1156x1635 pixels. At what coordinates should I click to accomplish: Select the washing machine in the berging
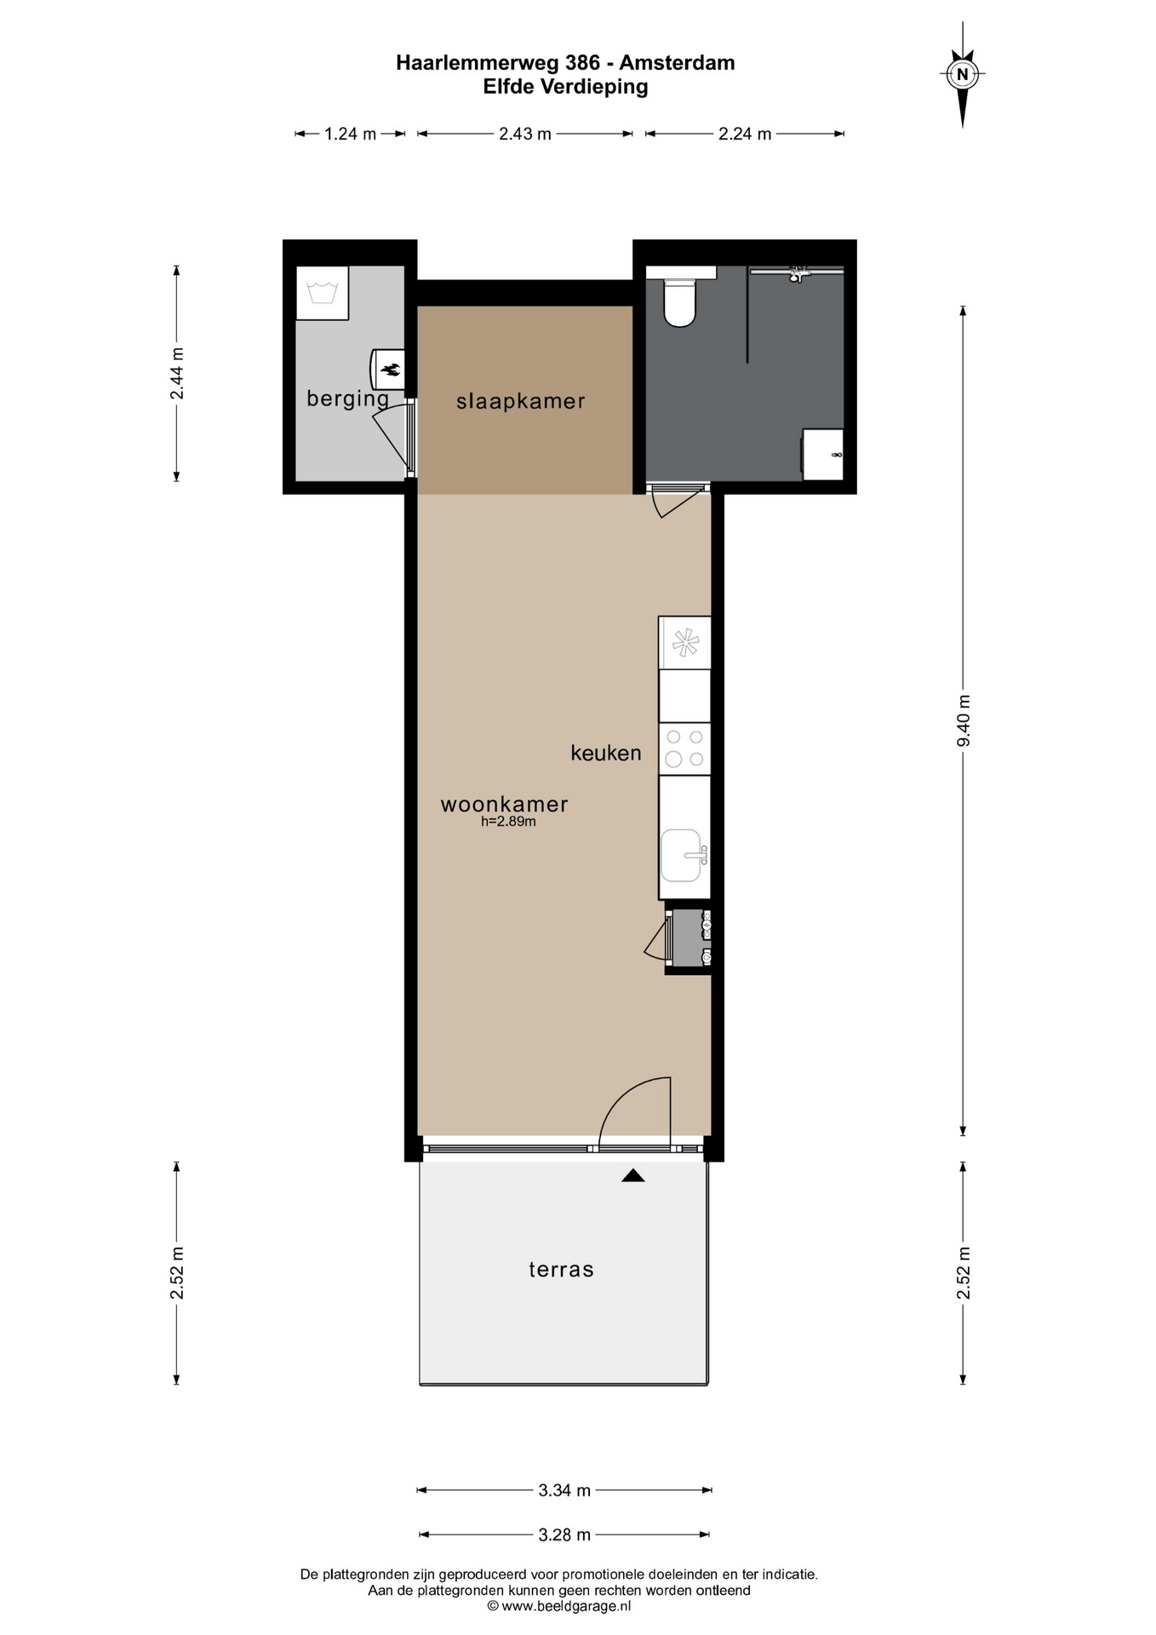322,293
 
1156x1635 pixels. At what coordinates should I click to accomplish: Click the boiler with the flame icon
387,369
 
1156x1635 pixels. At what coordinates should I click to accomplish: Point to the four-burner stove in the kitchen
684,749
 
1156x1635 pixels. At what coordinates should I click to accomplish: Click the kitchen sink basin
681,855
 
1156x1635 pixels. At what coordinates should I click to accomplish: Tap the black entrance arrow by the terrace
632,1176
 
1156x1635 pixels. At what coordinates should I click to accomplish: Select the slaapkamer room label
521,401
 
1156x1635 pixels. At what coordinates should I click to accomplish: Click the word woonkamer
504,804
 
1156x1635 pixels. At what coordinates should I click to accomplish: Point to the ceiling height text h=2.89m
508,822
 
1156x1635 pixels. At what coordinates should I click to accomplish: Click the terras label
561,1270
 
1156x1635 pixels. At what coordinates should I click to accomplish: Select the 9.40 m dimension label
964,720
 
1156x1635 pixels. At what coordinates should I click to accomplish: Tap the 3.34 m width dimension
564,1490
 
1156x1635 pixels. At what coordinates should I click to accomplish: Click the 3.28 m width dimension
564,1535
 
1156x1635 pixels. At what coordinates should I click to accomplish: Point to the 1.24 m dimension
350,134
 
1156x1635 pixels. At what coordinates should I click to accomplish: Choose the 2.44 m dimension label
177,374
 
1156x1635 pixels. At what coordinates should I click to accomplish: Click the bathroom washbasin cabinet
823,455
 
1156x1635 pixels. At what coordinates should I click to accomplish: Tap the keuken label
606,753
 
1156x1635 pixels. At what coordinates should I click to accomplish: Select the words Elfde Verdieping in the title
565,87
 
